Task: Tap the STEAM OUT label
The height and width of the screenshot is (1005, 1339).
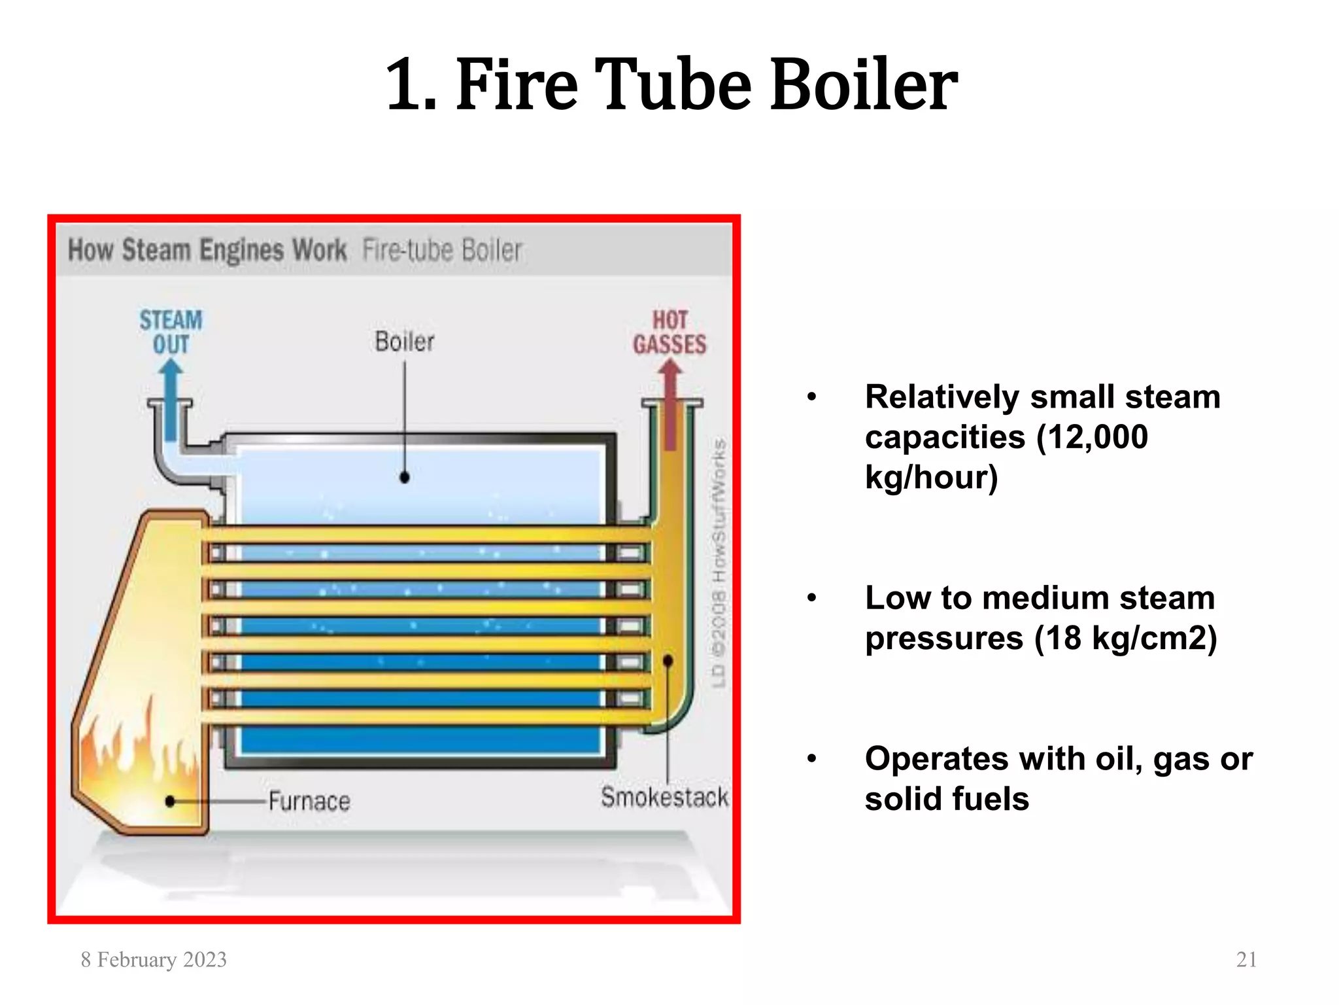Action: pos(171,332)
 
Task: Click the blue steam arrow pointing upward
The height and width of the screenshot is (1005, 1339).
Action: pos(171,399)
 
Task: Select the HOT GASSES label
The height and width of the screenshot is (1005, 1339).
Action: pos(669,332)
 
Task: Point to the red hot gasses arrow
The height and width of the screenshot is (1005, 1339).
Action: pos(669,406)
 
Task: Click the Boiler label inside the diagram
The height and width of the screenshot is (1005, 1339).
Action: pos(404,342)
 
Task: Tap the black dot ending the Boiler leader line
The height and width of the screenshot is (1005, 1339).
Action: pos(405,478)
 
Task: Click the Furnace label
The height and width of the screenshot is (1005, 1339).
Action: pos(309,801)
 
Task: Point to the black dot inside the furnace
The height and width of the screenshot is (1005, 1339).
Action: pos(171,801)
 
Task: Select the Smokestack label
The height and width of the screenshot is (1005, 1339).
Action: pos(664,797)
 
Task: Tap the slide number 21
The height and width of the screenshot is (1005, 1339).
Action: pos(1246,959)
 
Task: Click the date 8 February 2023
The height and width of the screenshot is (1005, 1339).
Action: pos(154,959)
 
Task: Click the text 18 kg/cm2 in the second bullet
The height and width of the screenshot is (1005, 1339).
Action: pos(1125,638)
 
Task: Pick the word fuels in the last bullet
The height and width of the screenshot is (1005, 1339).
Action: pos(991,799)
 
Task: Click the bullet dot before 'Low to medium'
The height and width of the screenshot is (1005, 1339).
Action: pos(812,597)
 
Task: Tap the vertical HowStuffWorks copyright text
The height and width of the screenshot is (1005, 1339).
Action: pos(719,563)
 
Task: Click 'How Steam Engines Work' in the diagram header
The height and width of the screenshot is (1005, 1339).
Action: pos(207,250)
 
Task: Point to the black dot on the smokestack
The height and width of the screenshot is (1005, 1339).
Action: pos(668,661)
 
